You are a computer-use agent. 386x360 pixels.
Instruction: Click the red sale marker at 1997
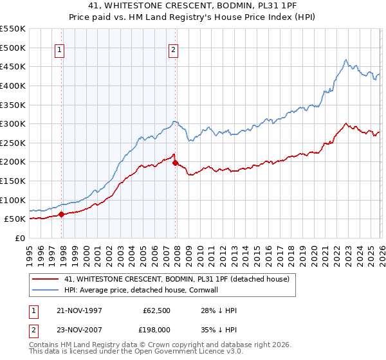click(x=62, y=214)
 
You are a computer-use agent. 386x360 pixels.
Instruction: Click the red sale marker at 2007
click(x=175, y=163)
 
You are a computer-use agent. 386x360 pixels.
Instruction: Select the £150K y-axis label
click(x=13, y=181)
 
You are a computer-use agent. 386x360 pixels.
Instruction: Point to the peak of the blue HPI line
click(x=345, y=60)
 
